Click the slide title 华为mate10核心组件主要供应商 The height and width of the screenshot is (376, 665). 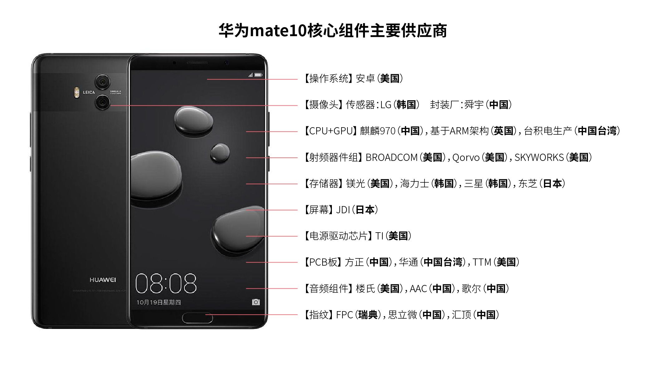click(x=332, y=31)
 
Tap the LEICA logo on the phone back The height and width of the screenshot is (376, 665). click(x=89, y=92)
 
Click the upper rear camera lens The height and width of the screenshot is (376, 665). click(x=102, y=82)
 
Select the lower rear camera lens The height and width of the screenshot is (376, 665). click(x=102, y=102)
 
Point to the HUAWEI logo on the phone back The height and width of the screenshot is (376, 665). click(x=103, y=280)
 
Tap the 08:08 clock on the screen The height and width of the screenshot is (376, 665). click(x=166, y=283)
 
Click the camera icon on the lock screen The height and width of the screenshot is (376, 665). click(x=256, y=302)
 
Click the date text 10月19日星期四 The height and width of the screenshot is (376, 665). click(x=158, y=302)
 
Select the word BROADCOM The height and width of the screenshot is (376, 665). click(x=391, y=157)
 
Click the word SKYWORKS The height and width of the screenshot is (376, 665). click(x=539, y=157)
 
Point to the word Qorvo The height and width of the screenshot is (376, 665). click(x=466, y=157)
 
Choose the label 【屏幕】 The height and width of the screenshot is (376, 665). click(x=318, y=210)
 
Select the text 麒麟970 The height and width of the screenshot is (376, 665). click(x=377, y=131)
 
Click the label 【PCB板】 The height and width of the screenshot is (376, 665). click(x=323, y=262)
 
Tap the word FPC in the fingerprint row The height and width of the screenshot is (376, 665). click(x=344, y=315)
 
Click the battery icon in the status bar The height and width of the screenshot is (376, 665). click(x=258, y=75)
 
